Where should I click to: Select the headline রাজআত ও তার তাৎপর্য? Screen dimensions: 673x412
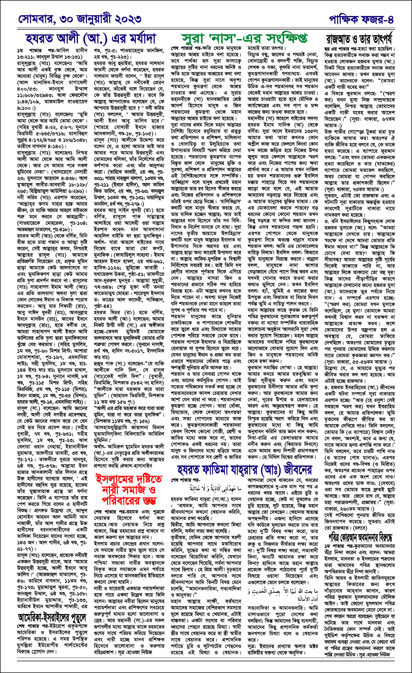pos(359,39)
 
